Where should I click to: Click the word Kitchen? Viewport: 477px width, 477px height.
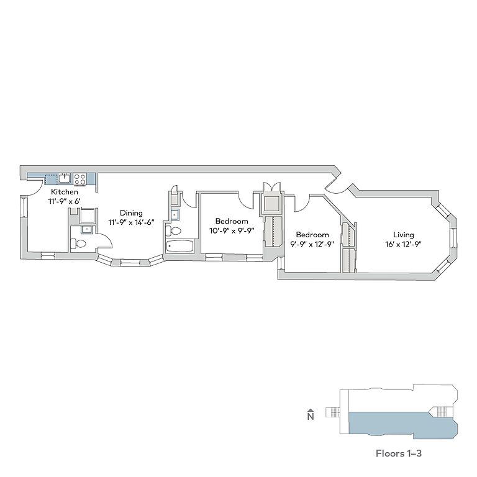[x=65, y=193]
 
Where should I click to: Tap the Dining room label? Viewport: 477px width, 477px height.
[x=131, y=213]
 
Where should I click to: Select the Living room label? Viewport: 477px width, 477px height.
[x=403, y=235]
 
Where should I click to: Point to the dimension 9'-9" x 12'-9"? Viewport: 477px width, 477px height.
[x=312, y=243]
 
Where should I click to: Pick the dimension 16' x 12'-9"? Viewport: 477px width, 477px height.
[x=403, y=243]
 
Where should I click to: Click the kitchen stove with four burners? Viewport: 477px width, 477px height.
[x=80, y=179]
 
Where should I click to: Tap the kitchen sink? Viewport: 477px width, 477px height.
[x=65, y=179]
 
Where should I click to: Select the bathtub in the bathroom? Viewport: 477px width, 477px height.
[x=179, y=246]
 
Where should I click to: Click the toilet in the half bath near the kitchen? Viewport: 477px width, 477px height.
[x=78, y=243]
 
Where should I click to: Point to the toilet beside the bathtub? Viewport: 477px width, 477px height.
[x=175, y=230]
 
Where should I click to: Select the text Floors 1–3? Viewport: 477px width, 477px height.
[x=399, y=453]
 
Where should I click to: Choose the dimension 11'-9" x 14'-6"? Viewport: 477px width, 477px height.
[x=131, y=222]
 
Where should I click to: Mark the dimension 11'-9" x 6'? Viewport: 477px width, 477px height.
[x=65, y=201]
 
